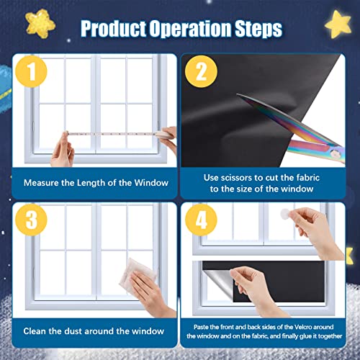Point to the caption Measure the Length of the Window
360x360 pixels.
click(96, 182)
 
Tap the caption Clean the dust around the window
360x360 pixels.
click(96, 330)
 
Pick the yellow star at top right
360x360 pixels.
click(336, 23)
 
